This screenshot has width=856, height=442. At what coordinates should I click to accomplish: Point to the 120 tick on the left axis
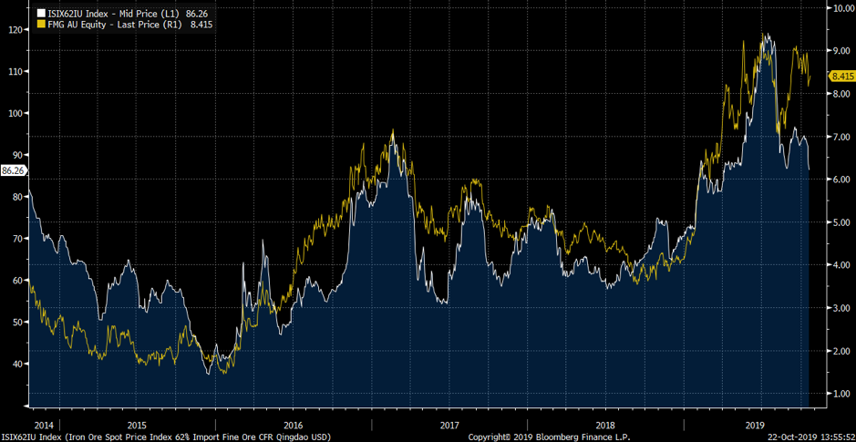coord(14,29)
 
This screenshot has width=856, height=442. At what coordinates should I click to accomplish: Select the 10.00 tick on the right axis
coord(839,7)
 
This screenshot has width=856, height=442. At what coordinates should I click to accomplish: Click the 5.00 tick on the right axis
coord(839,222)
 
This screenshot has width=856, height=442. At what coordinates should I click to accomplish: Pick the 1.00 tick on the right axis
coord(839,394)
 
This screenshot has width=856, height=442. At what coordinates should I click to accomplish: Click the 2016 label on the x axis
coord(294,426)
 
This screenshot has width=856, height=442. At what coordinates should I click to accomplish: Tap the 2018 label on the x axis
coord(605,426)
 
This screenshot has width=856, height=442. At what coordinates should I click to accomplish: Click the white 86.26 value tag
coord(13,170)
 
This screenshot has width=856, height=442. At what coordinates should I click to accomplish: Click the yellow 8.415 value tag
coord(841,78)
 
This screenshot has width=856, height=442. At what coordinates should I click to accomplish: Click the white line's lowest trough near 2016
coord(211,374)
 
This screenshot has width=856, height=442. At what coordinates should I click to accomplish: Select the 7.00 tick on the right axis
coord(839,137)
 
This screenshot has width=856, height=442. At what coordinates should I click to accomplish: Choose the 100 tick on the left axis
coord(14,113)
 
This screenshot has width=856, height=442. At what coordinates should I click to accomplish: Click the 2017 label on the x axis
coord(449,426)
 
